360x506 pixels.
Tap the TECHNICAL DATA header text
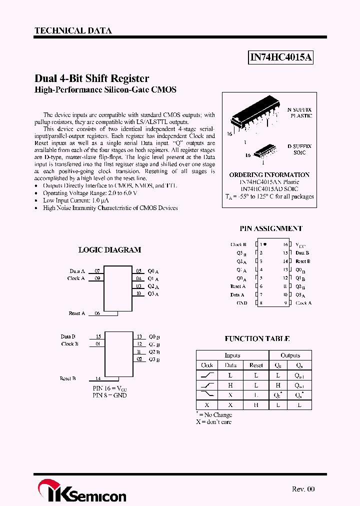(x=73, y=30)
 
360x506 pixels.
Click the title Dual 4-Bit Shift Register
(x=91, y=78)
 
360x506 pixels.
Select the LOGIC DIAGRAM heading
(x=109, y=250)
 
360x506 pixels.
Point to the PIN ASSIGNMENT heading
(x=270, y=228)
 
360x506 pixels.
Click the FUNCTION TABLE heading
(x=257, y=339)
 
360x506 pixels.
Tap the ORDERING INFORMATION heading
(x=269, y=175)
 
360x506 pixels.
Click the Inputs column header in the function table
(x=232, y=355)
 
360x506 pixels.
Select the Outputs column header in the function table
(x=290, y=355)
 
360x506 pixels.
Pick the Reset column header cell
(x=256, y=365)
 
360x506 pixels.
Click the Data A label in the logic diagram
(x=77, y=271)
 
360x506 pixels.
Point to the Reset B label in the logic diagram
(x=67, y=378)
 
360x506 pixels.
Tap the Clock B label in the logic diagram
(x=70, y=344)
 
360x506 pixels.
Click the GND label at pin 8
(x=242, y=303)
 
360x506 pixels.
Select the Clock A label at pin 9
(x=303, y=303)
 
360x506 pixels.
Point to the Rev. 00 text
(x=303, y=489)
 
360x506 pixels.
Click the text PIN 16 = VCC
(x=109, y=388)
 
